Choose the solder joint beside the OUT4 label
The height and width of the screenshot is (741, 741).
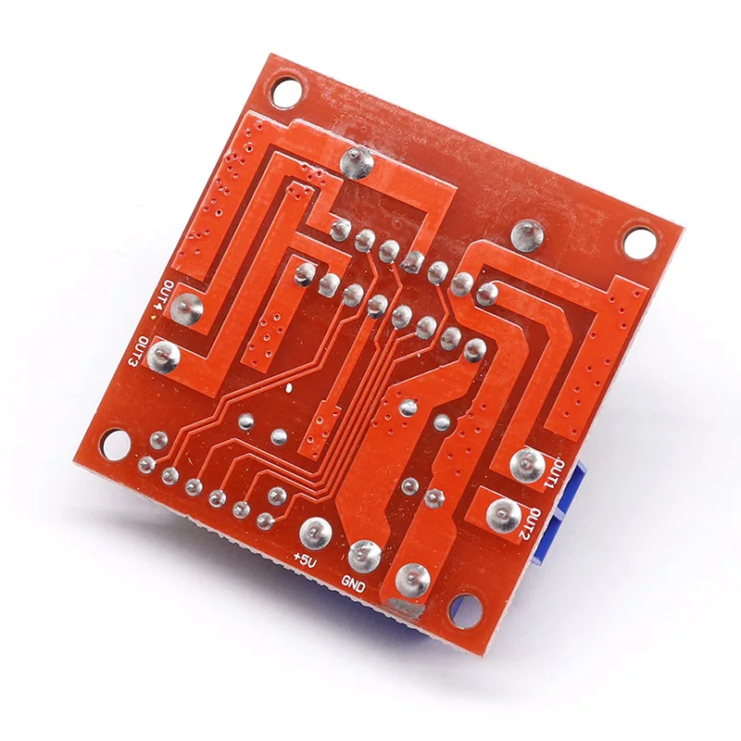click(x=187, y=308)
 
